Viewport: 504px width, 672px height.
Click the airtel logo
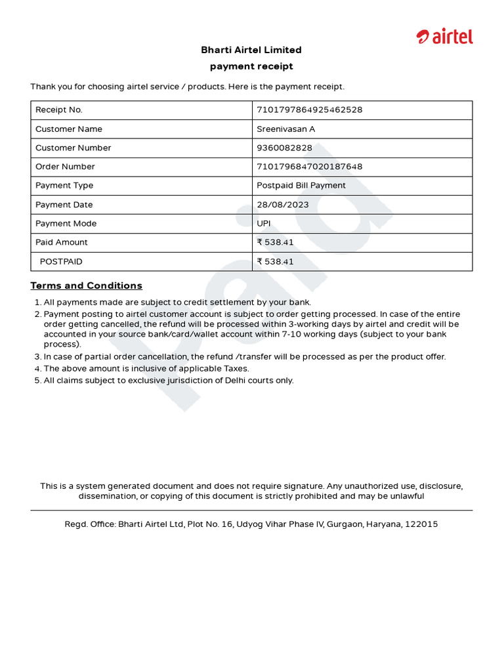tap(444, 37)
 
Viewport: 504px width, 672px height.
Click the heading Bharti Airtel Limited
tap(251, 50)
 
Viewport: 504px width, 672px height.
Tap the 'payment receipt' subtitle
tap(251, 66)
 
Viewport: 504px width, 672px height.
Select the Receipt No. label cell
tap(59, 110)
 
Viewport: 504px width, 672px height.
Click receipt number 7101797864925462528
tap(309, 110)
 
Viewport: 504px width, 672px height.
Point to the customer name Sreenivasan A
tap(285, 129)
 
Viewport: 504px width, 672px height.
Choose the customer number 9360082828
tap(284, 148)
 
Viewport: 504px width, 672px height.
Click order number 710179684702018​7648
tap(309, 167)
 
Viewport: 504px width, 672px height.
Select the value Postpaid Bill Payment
tap(301, 186)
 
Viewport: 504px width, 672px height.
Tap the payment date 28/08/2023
tap(282, 205)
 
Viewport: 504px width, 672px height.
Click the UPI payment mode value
tap(263, 224)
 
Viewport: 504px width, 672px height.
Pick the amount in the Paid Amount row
tap(275, 242)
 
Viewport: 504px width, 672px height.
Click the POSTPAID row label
tap(61, 261)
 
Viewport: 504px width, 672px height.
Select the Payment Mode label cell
tap(66, 224)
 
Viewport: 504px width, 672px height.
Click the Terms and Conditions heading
tap(86, 285)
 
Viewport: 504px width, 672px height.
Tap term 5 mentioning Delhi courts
tap(168, 381)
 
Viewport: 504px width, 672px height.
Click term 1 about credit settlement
tap(177, 303)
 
